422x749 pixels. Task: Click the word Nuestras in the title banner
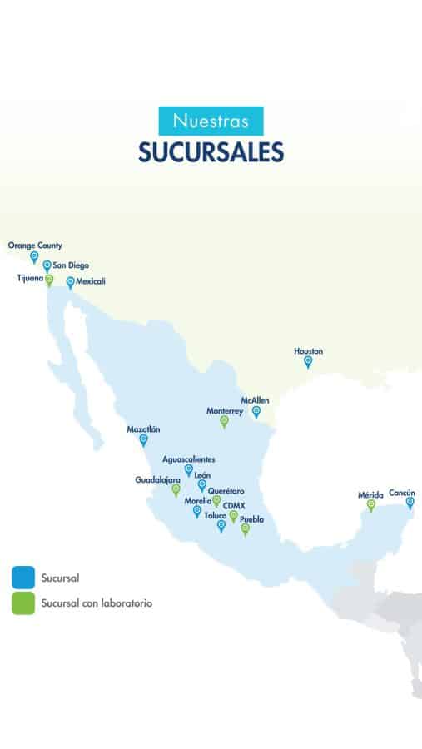[211, 122]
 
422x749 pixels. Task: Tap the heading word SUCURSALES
[211, 152]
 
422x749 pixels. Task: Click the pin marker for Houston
[308, 361]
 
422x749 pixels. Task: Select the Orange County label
[35, 246]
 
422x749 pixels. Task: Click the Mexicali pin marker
[71, 282]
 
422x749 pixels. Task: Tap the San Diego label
[71, 265]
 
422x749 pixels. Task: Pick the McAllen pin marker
[256, 410]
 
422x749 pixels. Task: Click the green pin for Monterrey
[224, 421]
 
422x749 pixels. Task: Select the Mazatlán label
[143, 429]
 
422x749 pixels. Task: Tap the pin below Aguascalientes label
[189, 470]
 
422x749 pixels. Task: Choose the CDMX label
[234, 505]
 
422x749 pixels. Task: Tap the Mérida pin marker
[371, 504]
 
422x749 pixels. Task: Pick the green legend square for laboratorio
[23, 603]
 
